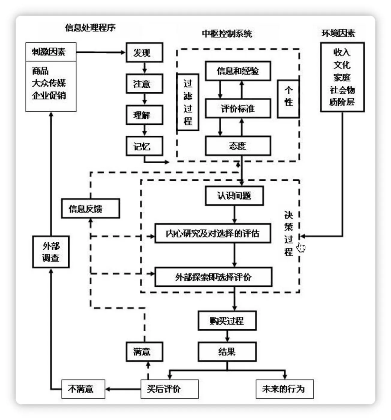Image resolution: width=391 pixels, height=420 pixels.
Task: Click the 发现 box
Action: click(x=144, y=52)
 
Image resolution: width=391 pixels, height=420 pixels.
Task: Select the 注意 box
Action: click(x=144, y=84)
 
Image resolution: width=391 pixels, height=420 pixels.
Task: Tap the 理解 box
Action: click(x=144, y=115)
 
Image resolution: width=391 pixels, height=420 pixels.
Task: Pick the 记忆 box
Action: click(x=144, y=146)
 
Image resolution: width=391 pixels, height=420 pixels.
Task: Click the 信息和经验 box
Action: click(x=238, y=71)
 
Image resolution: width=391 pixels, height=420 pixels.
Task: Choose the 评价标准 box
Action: click(x=238, y=108)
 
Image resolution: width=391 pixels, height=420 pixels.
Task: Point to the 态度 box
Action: click(x=238, y=146)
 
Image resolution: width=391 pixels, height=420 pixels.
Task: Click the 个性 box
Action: click(x=288, y=99)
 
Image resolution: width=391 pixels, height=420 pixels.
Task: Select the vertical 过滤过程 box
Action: click(x=188, y=102)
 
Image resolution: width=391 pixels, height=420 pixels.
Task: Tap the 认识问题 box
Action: click(x=234, y=196)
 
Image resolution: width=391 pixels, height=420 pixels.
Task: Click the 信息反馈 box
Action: click(x=90, y=208)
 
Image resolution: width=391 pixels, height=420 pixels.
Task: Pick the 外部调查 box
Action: click(x=51, y=252)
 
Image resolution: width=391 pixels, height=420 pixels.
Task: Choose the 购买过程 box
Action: click(x=227, y=321)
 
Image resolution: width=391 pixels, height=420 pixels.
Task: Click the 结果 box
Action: click(x=227, y=352)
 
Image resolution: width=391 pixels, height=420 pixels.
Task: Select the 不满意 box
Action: click(x=83, y=389)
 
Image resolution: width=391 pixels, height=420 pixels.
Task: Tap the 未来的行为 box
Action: click(x=284, y=389)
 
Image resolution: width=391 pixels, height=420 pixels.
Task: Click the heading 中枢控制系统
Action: click(x=227, y=34)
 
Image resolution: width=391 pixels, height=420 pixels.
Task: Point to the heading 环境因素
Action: click(x=338, y=33)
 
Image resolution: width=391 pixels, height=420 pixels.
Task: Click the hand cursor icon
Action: click(x=301, y=247)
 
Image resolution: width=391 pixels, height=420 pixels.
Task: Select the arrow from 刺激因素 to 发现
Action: click(x=101, y=52)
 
